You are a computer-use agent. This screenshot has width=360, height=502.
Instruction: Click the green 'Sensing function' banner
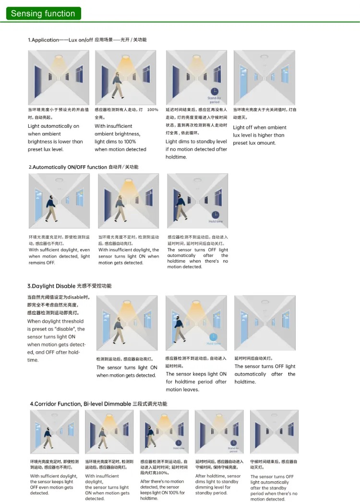43,13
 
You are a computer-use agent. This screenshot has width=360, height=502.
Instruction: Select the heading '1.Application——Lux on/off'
60,40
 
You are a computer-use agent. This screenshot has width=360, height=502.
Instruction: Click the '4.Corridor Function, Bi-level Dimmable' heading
81,404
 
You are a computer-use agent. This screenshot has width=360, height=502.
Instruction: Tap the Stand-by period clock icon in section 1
214,91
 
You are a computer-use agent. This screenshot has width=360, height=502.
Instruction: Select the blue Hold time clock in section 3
214,336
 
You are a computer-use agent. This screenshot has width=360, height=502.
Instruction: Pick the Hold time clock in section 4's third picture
179,442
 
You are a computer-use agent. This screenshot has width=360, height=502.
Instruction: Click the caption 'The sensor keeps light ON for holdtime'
196,381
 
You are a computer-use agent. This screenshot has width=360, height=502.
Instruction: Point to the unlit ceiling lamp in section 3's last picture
265,303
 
